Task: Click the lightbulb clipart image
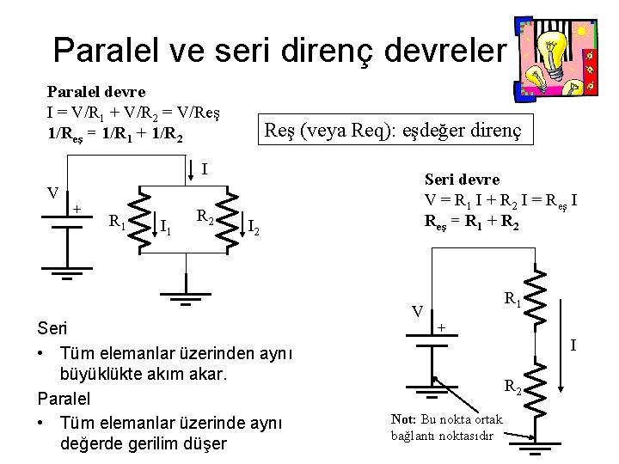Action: (555, 58)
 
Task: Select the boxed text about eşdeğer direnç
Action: (398, 131)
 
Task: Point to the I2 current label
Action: (254, 228)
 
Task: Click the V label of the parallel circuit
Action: (52, 192)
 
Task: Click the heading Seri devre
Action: (462, 180)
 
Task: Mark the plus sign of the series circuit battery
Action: (441, 327)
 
